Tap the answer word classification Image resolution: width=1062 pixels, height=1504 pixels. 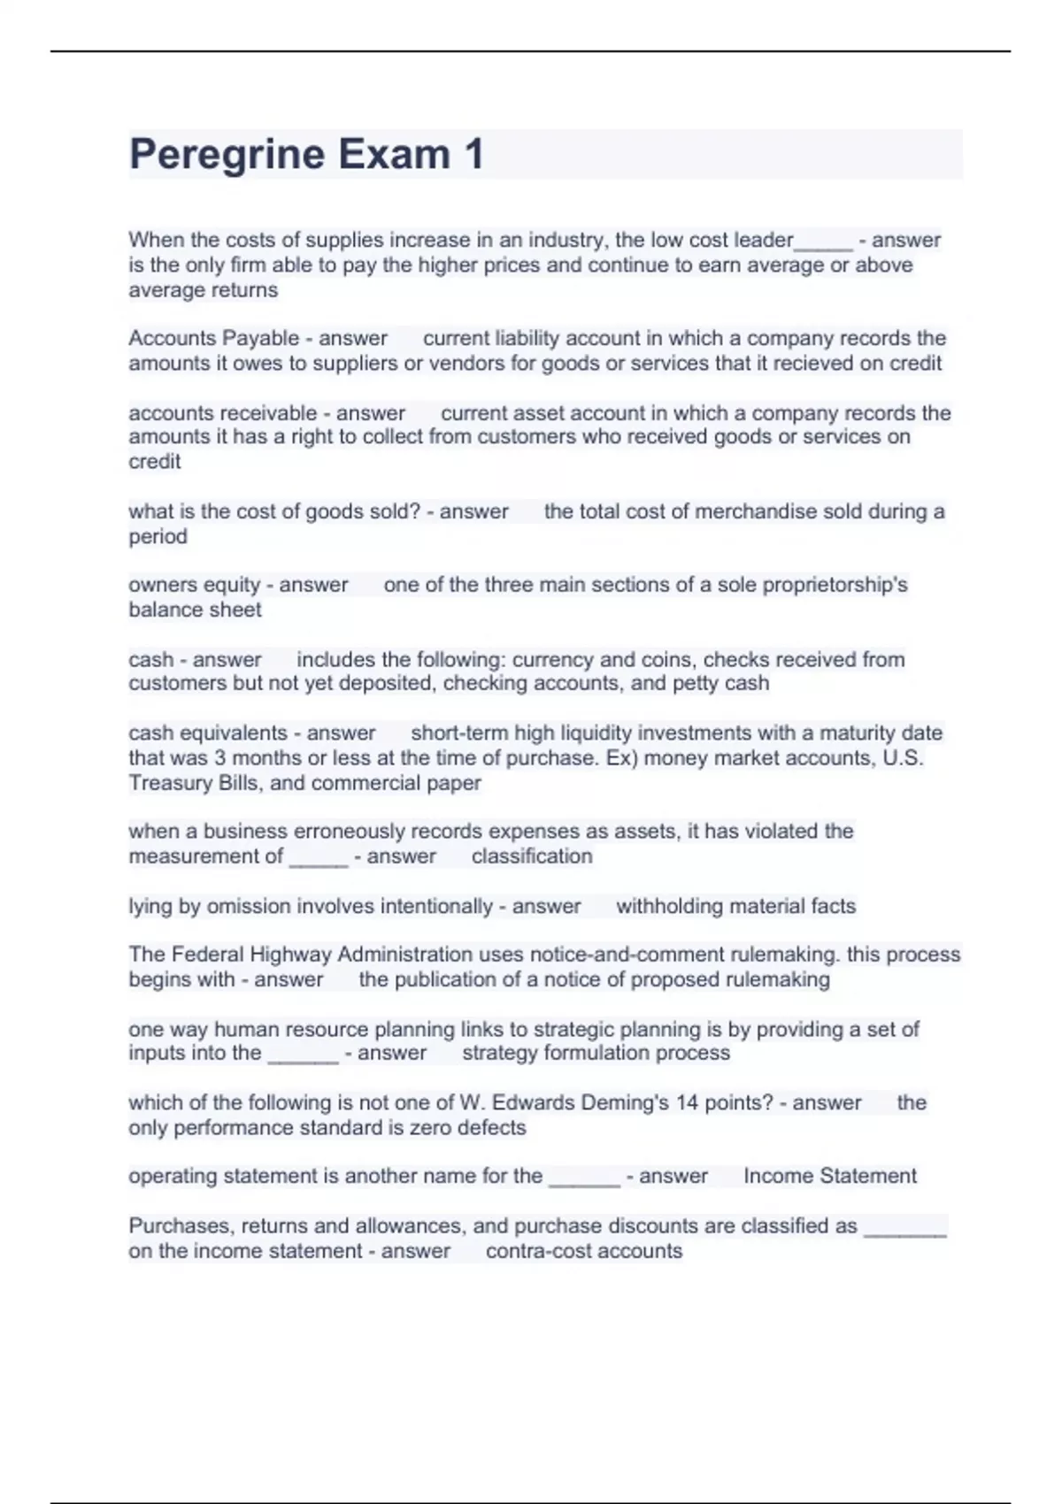[x=532, y=856]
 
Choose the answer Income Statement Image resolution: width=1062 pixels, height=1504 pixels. [x=829, y=1176]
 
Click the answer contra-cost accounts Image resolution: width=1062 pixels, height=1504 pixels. [x=584, y=1251]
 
